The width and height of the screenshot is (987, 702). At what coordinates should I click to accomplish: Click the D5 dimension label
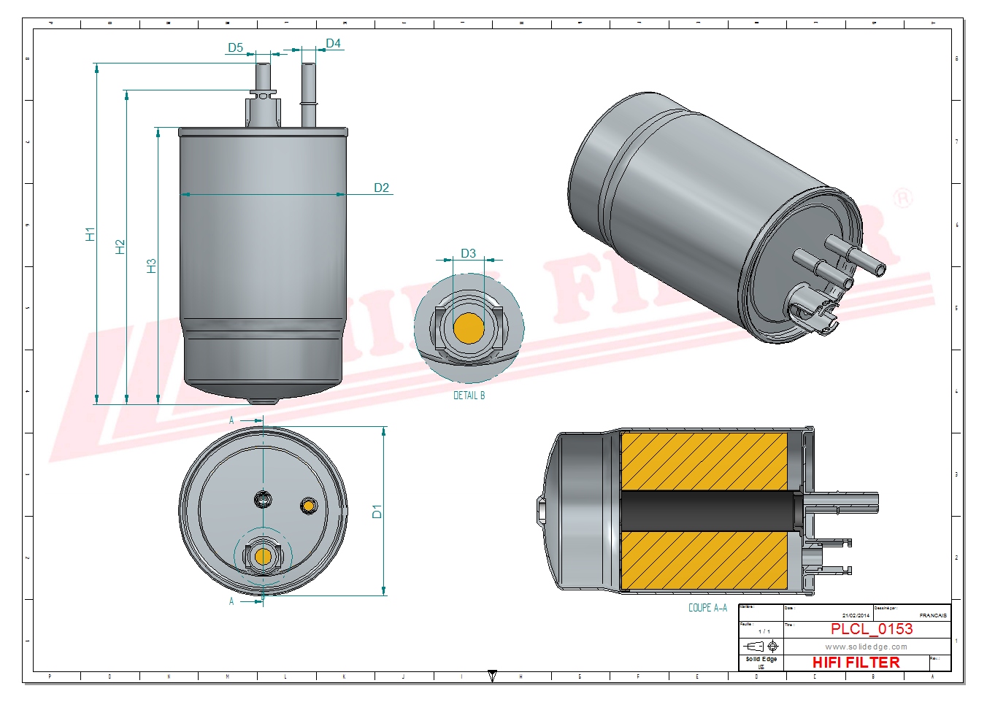pos(235,48)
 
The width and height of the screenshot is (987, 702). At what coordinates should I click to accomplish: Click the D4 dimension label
pos(333,44)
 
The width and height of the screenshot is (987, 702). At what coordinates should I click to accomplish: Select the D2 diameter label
pos(381,188)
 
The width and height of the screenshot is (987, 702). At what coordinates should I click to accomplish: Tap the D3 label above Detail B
pos(468,254)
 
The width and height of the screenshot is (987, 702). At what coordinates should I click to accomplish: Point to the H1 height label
pos(90,234)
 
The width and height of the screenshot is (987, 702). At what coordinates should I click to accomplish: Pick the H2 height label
pos(120,247)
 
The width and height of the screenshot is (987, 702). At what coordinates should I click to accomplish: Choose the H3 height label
pos(152,266)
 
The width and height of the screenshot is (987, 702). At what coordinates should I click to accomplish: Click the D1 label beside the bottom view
pos(377,512)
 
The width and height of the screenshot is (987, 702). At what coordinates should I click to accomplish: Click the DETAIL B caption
pos(469,396)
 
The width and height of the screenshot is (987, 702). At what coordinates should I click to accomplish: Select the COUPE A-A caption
pos(707,608)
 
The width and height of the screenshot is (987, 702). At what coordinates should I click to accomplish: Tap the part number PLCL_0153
pos(872,629)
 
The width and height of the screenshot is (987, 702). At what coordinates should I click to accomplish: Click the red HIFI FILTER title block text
pos(856,663)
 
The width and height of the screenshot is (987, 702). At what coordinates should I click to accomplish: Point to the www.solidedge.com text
pos(866,647)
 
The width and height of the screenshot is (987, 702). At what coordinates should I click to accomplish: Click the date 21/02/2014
pos(856,616)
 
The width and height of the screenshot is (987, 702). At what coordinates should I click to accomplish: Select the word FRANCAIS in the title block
pos(933,616)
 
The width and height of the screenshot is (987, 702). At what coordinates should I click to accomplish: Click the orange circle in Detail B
pos(469,328)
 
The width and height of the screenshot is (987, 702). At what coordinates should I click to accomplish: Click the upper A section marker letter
pos(231,421)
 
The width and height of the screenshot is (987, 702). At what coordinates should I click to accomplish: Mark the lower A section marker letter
pos(231,601)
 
